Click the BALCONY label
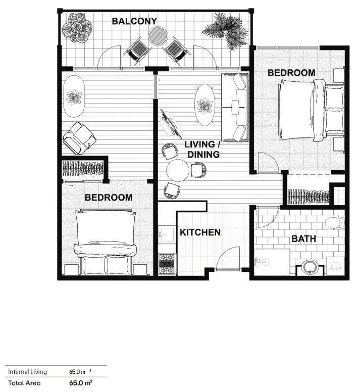[134, 21]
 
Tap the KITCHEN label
[200, 232]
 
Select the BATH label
[304, 239]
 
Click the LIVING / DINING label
[202, 149]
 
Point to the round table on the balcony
[158, 36]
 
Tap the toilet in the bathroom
[335, 223]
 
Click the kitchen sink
[167, 234]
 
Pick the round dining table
[178, 171]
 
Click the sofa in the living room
[235, 107]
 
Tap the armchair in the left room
[79, 138]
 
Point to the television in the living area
[171, 124]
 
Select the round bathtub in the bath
[310, 267]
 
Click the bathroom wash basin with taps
[262, 262]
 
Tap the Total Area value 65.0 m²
[81, 383]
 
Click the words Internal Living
[27, 372]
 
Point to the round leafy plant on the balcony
[76, 28]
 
